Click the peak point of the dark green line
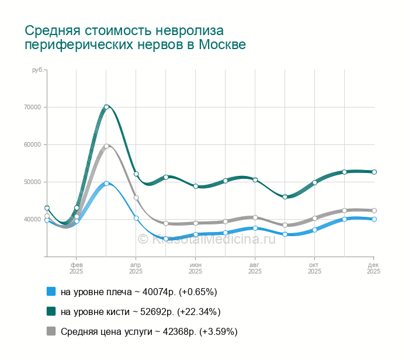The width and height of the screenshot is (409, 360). click(x=106, y=107)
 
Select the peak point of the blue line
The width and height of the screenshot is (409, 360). click(x=106, y=183)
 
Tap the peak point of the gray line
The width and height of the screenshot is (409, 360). click(x=106, y=146)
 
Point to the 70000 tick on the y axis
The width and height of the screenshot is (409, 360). click(x=32, y=107)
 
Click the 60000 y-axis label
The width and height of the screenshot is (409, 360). click(x=32, y=144)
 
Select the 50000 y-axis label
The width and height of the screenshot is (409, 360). click(x=32, y=182)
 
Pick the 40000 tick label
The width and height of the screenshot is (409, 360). click(x=32, y=219)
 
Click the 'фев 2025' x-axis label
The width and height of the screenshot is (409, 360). click(x=77, y=268)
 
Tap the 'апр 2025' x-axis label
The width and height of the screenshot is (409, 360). click(x=136, y=268)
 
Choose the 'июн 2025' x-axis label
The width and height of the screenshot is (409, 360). click(x=196, y=268)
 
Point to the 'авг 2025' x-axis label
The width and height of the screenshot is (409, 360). click(x=255, y=268)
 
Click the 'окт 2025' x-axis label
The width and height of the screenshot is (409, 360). click(x=314, y=268)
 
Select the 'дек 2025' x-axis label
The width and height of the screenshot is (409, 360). click(x=373, y=268)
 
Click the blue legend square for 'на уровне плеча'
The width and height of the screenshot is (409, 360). click(x=51, y=292)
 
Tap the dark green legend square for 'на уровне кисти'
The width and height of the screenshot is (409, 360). click(x=51, y=311)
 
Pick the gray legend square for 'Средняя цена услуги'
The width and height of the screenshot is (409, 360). click(x=51, y=331)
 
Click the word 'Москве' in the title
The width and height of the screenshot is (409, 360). click(x=223, y=45)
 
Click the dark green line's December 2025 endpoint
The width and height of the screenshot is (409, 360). click(x=374, y=172)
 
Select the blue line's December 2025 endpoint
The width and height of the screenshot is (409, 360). click(x=374, y=219)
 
